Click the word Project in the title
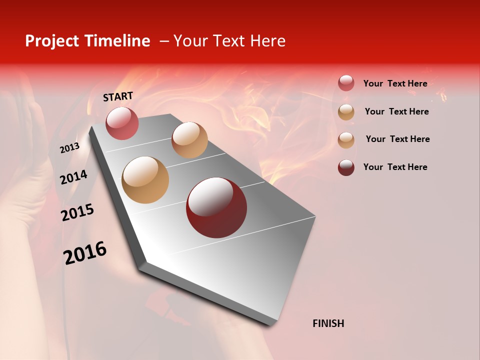tap(51, 41)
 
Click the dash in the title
tap(164, 41)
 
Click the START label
tap(118, 96)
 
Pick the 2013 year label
tap(69, 147)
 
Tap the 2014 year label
tap(73, 177)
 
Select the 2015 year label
tap(77, 212)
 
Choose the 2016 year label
tap(85, 253)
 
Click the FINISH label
tap(328, 323)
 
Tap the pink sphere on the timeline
tap(122, 123)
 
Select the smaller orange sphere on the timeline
tap(189, 140)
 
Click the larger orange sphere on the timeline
tap(145, 180)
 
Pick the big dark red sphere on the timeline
tap(216, 207)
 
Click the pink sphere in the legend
tap(346, 83)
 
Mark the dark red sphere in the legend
tap(346, 167)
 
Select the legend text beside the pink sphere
tap(395, 83)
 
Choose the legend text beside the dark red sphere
tap(395, 167)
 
